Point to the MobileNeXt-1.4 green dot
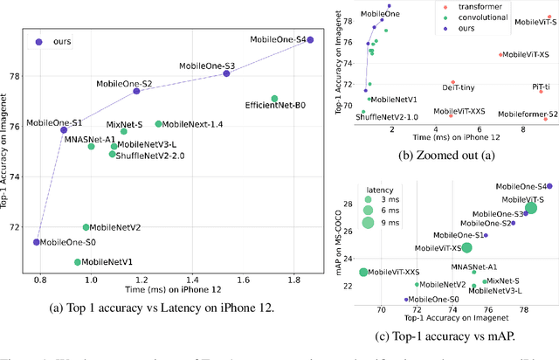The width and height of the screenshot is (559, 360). point(158,124)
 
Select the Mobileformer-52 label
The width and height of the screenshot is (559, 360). point(528,114)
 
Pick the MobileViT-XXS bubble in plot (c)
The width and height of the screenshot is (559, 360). point(363,273)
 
